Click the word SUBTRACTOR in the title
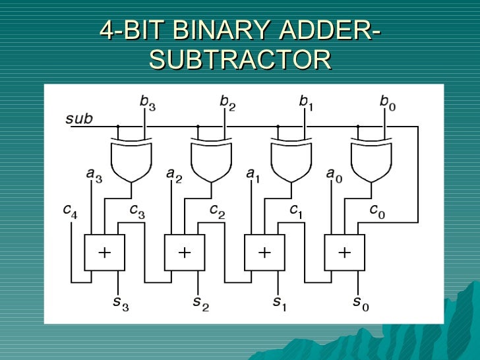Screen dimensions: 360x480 point(240,60)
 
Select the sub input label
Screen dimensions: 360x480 point(78,119)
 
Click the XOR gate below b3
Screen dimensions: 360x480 point(131,162)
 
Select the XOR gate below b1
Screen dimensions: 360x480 point(291,162)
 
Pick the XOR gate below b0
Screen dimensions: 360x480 point(371,162)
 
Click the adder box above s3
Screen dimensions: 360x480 point(104,252)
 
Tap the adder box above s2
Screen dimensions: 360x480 point(185,252)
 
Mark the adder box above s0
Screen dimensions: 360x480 point(344,252)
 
